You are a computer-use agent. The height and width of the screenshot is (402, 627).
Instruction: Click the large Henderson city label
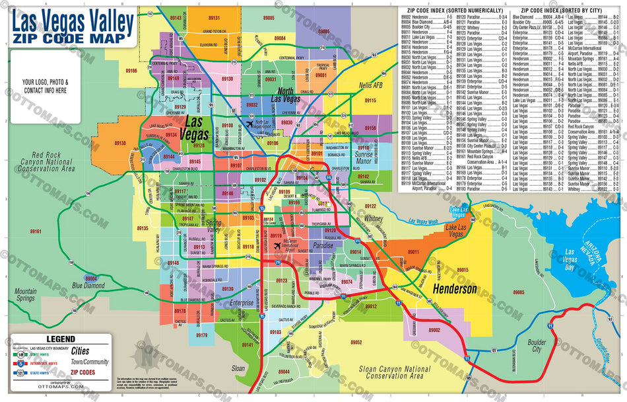coord(454,290)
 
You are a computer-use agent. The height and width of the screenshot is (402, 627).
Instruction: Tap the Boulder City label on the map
coord(537,346)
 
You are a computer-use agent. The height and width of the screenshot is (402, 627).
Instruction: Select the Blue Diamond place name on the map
coord(88,286)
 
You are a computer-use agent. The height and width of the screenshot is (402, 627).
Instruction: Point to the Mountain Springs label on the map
coord(26,295)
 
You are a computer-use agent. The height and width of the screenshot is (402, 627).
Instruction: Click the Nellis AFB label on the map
coord(370,85)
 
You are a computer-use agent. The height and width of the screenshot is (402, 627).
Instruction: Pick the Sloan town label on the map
coord(238,368)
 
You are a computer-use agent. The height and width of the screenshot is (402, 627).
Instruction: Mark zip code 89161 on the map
coord(34,231)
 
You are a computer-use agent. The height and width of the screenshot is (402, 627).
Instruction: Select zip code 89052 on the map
coord(356,342)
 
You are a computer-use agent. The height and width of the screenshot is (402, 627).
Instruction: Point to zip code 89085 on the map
coord(268,17)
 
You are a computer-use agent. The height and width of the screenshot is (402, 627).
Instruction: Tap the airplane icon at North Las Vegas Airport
coord(249,123)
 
